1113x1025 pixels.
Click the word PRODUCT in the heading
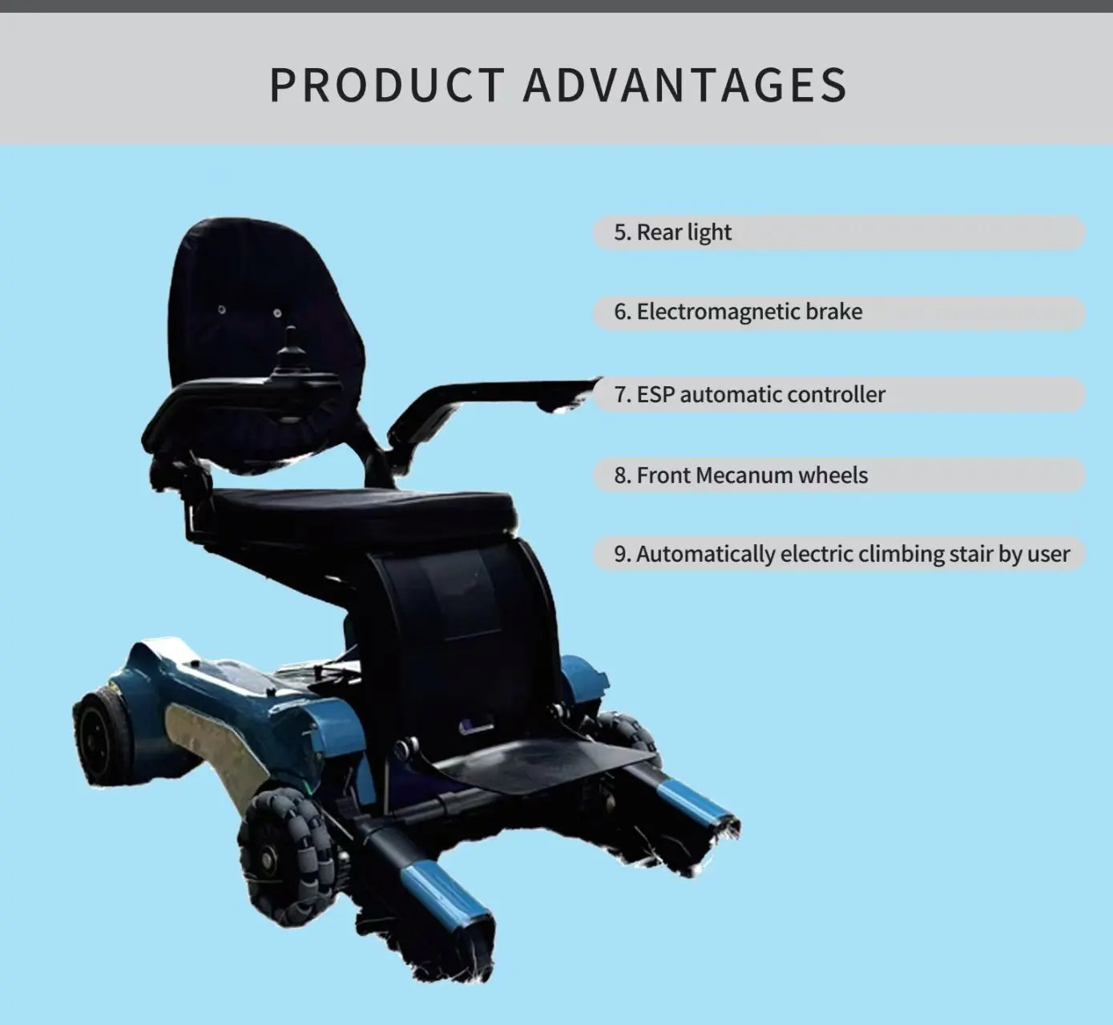(x=386, y=85)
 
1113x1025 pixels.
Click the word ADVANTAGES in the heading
(x=685, y=85)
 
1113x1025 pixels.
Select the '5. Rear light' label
(x=672, y=232)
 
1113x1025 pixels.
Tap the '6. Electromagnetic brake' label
(x=738, y=312)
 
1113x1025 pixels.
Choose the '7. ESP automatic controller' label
(x=749, y=394)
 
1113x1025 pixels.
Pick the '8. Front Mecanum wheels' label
(x=740, y=475)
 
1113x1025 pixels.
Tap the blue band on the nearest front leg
(x=445, y=894)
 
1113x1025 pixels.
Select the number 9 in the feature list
(x=622, y=554)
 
